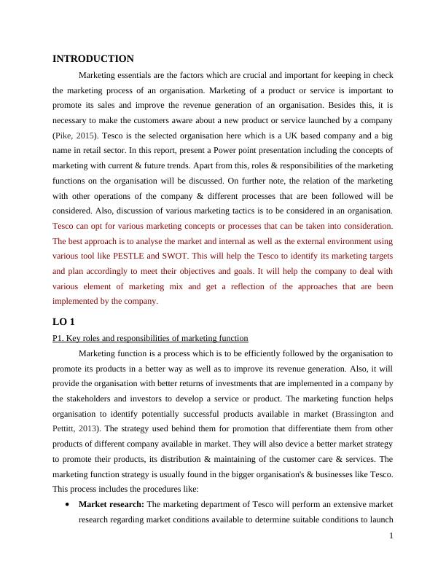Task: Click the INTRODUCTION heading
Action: tap(93, 59)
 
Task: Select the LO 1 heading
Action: tap(63, 321)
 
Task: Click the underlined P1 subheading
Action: tap(151, 338)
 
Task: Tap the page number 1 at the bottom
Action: tap(391, 535)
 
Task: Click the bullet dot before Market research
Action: tap(68, 504)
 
